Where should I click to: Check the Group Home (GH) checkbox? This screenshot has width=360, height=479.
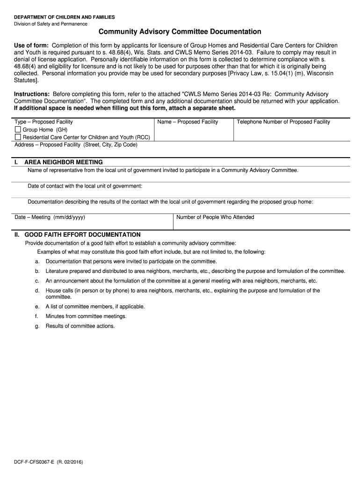pyautogui.click(x=18, y=130)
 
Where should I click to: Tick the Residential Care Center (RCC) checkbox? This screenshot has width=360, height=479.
pyautogui.click(x=18, y=137)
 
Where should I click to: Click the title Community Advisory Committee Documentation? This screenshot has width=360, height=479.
pyautogui.click(x=180, y=32)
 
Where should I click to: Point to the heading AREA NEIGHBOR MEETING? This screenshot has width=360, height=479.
pyautogui.click(x=64, y=162)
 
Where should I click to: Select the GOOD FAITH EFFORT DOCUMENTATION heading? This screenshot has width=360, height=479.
pyautogui.click(x=82, y=234)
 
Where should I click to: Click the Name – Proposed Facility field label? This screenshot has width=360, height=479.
pyautogui.click(x=188, y=122)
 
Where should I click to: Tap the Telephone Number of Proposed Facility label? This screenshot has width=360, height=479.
pyautogui.click(x=283, y=122)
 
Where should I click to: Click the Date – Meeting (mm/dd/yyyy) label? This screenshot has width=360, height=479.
pyautogui.click(x=50, y=217)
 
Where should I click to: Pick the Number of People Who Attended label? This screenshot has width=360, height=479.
pyautogui.click(x=215, y=217)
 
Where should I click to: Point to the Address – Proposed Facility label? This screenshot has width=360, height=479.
pyautogui.click(x=76, y=145)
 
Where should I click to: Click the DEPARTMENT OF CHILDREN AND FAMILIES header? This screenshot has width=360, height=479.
pyautogui.click(x=65, y=17)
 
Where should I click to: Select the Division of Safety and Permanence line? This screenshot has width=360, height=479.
pyautogui.click(x=50, y=24)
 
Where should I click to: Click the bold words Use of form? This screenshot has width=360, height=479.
pyautogui.click(x=31, y=45)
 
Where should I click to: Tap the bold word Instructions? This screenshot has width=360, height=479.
pyautogui.click(x=32, y=94)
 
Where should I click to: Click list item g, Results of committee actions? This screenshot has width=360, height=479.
pyautogui.click(x=80, y=326)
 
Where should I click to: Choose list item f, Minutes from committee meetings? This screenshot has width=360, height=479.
pyautogui.click(x=86, y=316)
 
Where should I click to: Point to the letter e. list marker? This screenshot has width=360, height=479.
pyautogui.click(x=37, y=306)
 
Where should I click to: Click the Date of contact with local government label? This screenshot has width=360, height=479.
pyautogui.click(x=85, y=186)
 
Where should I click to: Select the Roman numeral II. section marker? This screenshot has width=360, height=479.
pyautogui.click(x=17, y=234)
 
